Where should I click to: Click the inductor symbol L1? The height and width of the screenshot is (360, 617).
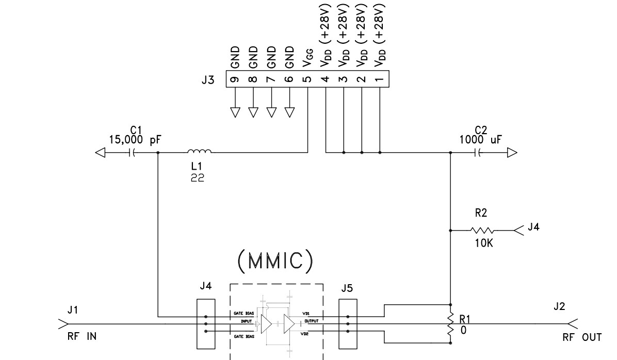pos(199,152)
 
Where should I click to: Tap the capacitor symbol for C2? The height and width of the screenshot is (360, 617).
pos(480,153)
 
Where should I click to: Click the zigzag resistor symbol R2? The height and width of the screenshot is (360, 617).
pos(482,230)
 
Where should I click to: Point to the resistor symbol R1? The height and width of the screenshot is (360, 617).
pos(451,324)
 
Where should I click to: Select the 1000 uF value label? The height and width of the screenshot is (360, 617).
pos(480,140)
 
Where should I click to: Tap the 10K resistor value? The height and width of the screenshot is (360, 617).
pos(483,243)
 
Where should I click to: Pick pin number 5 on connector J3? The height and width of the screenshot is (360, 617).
pos(307,79)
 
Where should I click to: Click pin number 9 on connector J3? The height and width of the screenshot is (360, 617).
pos(235,79)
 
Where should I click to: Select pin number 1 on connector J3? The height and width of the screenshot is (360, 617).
pos(380,79)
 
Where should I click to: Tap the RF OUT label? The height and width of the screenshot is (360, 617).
pos(582,337)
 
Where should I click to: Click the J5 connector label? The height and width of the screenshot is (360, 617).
pos(347,288)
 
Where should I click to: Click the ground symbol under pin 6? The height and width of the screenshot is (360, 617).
pos(289,112)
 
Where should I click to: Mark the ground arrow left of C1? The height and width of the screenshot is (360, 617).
pos(101,153)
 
